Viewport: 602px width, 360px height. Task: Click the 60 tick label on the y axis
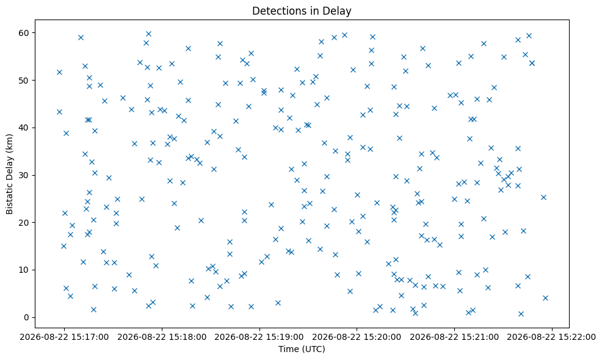[x=24, y=33]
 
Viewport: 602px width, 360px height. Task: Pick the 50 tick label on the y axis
[x=24, y=81]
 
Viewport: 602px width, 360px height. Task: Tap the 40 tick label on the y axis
[x=24, y=128]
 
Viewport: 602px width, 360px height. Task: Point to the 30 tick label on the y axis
[x=24, y=175]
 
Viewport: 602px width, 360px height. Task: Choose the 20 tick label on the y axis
[x=24, y=223]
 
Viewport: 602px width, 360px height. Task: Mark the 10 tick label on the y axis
[x=24, y=270]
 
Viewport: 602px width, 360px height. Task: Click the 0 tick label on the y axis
[x=27, y=317]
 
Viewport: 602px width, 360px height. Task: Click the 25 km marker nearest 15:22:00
[x=543, y=197]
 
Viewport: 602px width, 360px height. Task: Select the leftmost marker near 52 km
[x=59, y=72]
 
